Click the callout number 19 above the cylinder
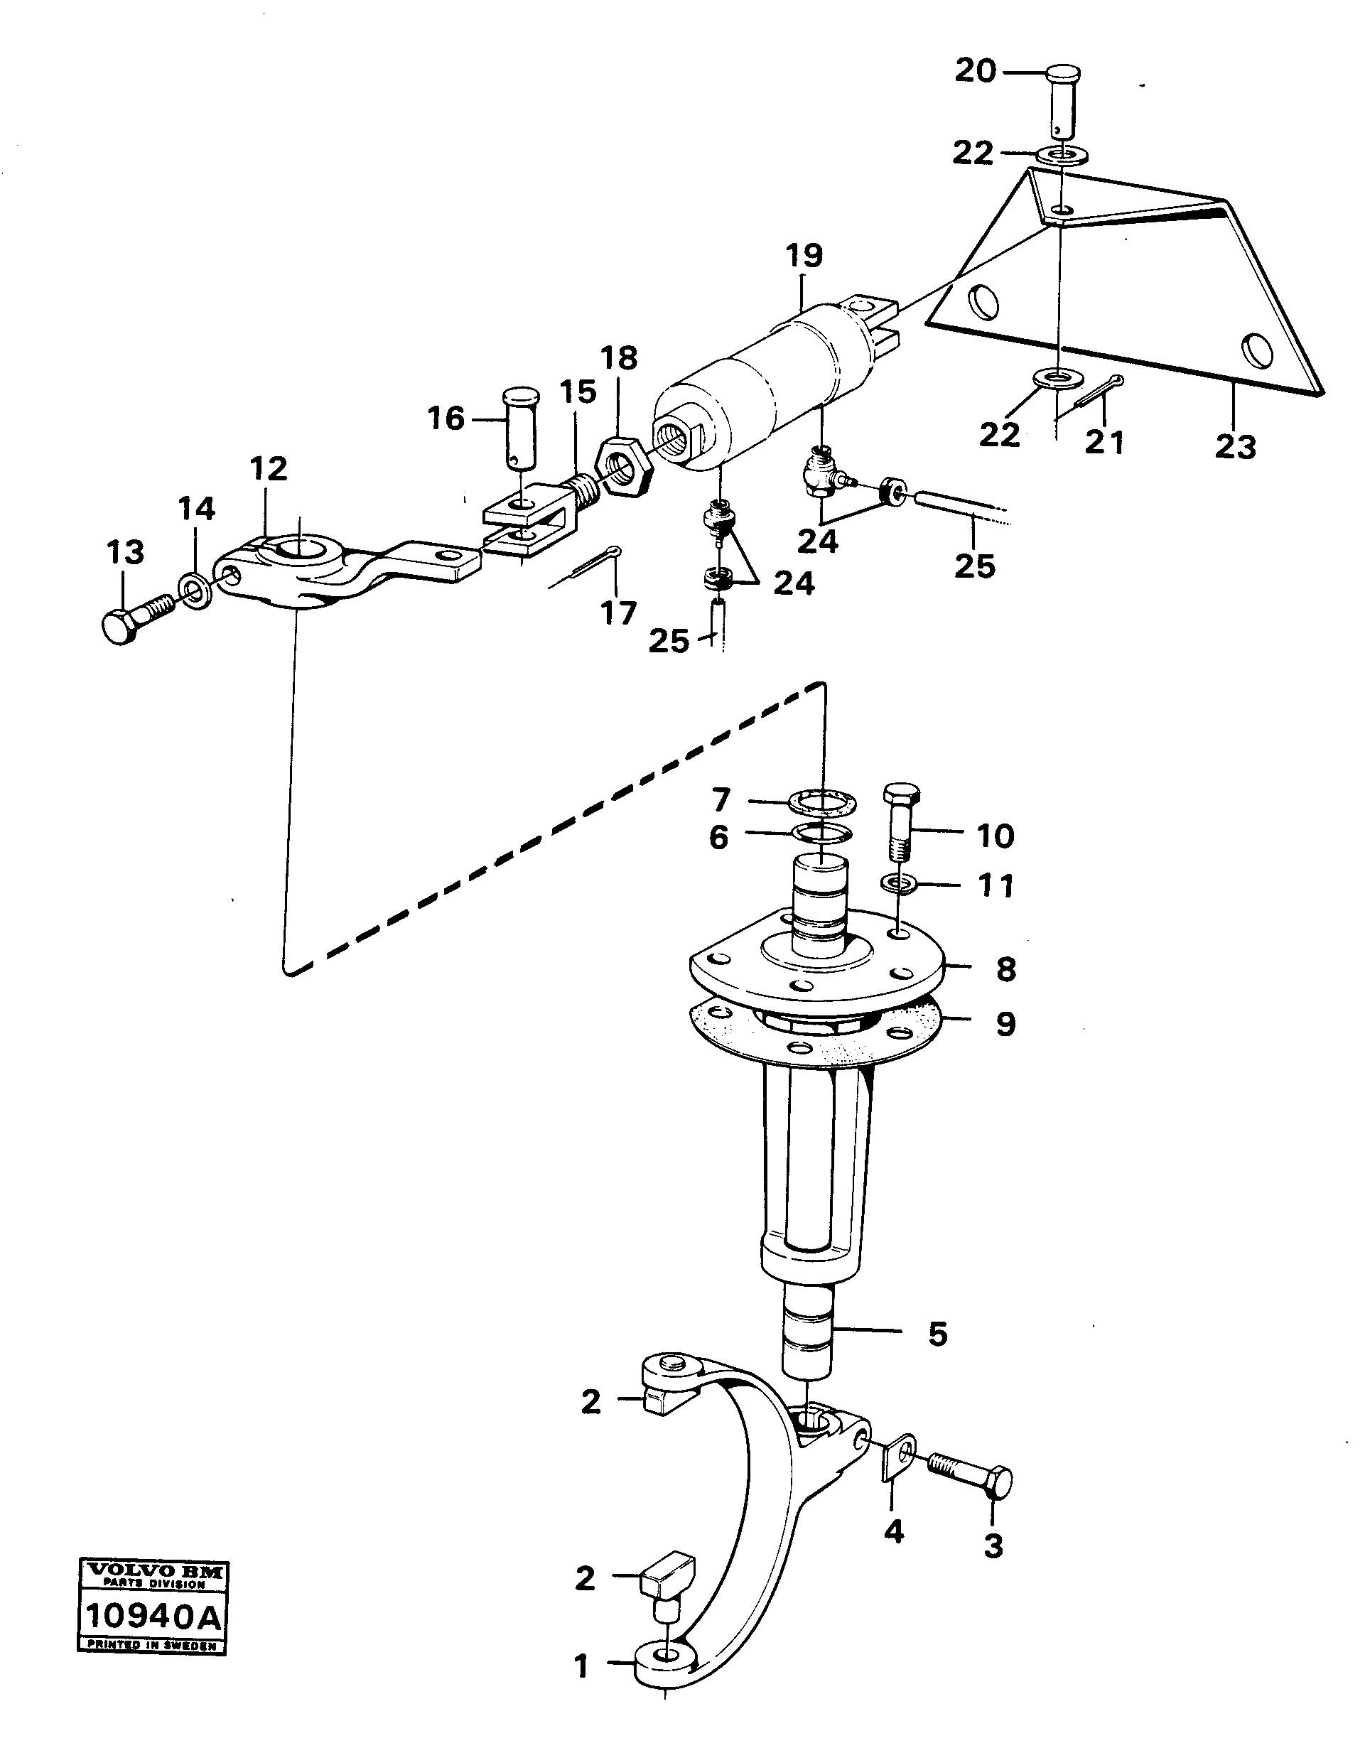click(x=804, y=256)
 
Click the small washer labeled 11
click(x=900, y=885)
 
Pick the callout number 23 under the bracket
click(x=1234, y=448)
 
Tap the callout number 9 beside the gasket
click(x=1005, y=1024)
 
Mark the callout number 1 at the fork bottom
click(x=582, y=1666)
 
